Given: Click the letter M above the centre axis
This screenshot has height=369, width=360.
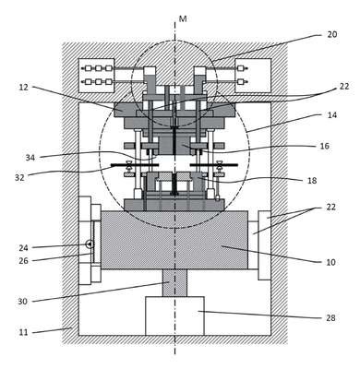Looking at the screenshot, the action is point(183,19).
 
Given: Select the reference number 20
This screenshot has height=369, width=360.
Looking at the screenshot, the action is point(331,34).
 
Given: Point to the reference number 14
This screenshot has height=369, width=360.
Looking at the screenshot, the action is point(331,115).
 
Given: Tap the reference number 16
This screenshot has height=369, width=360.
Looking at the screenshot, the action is point(325,146).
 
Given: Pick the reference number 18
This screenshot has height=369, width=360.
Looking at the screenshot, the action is point(312,180).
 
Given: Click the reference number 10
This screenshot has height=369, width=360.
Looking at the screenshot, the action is point(330,262).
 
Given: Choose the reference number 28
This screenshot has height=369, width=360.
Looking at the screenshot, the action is point(330,317).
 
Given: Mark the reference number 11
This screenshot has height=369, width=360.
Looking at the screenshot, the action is point(23,332).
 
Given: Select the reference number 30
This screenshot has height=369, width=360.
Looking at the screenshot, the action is point(22,302).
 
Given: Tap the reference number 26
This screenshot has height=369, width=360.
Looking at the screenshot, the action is point(23,261).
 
